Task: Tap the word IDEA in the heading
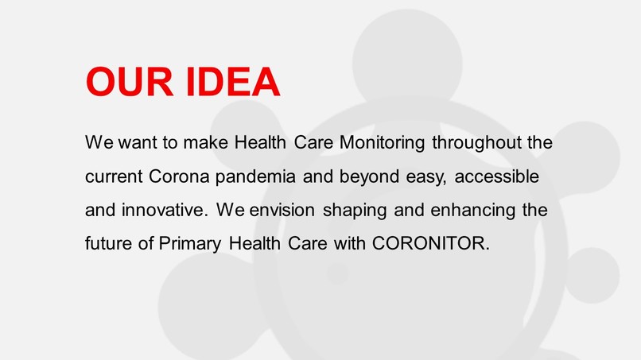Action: point(232,83)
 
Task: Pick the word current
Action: point(115,177)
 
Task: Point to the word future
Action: point(109,243)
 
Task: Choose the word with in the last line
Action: point(350,243)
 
